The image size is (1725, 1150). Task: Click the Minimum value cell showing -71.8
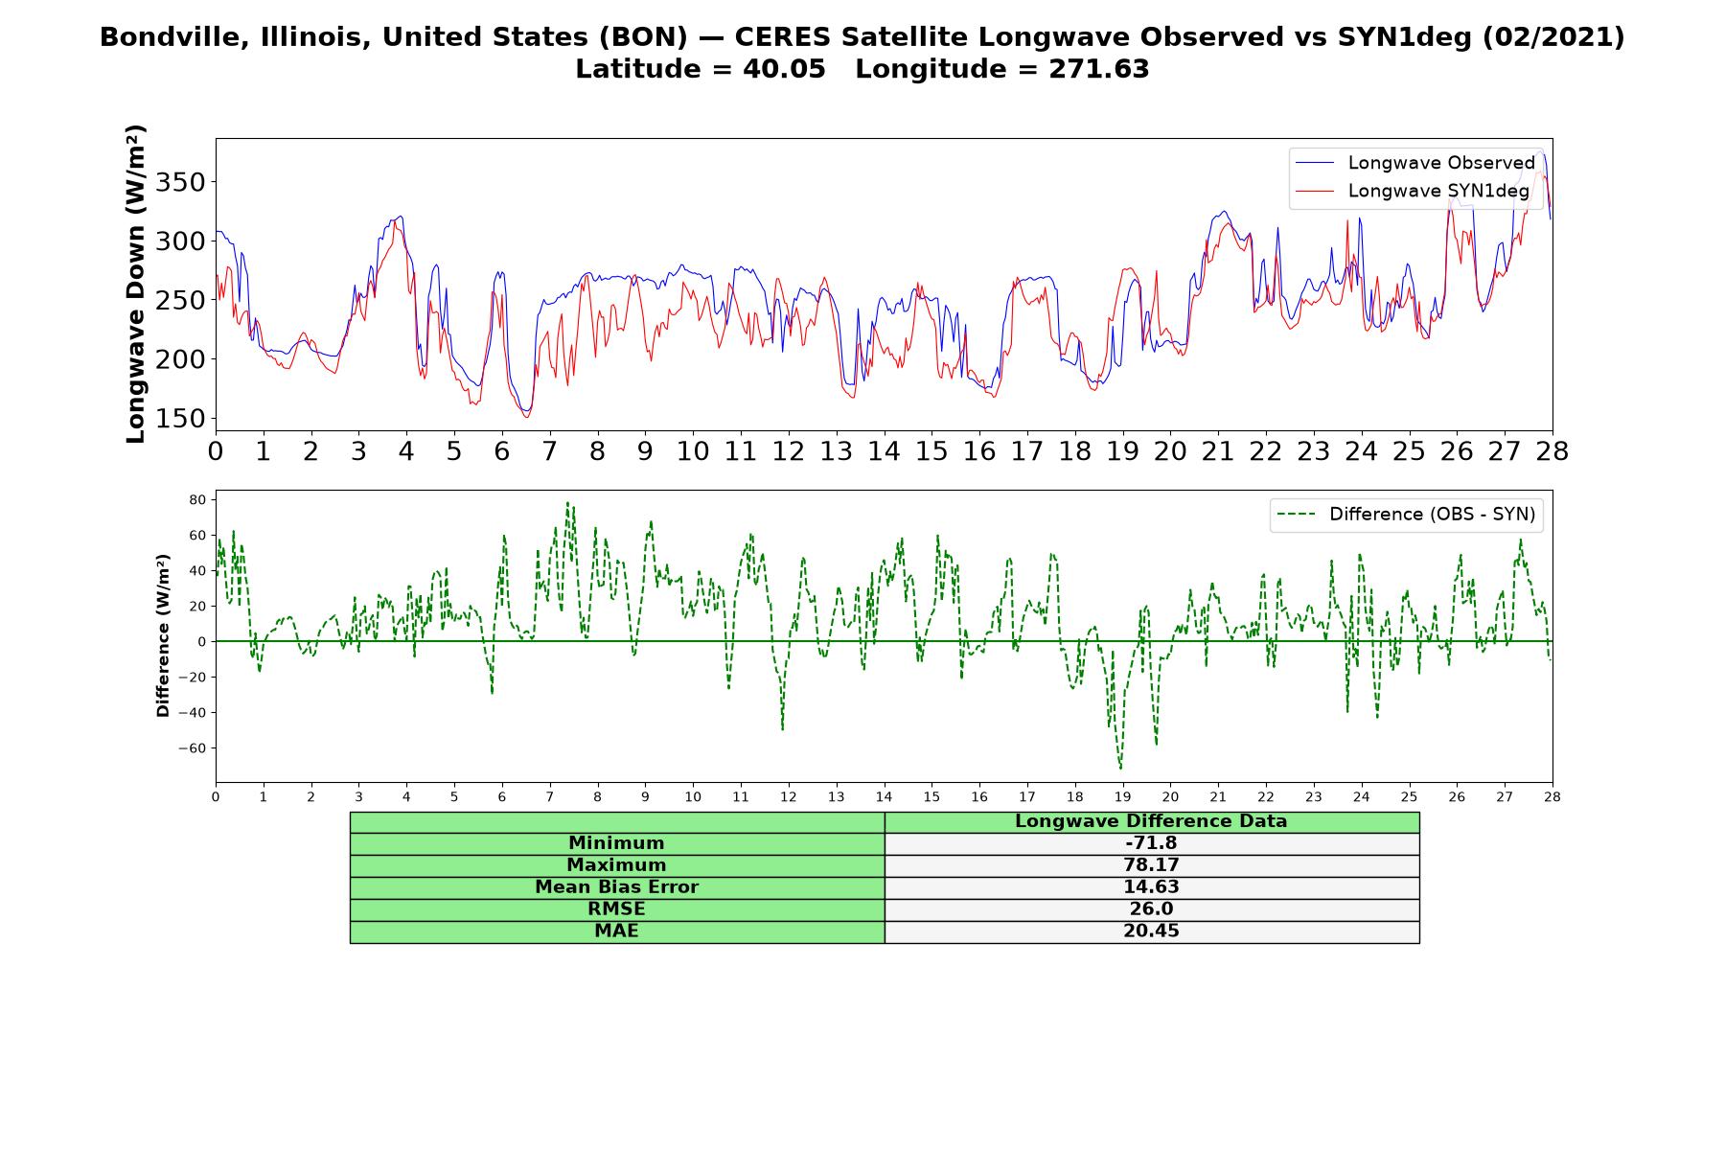tap(1151, 843)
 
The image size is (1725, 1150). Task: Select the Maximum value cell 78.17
tap(1151, 865)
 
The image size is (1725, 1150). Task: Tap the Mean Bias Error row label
tap(616, 887)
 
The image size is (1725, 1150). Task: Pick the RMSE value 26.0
tap(1151, 909)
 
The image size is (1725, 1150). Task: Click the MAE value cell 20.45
tap(1151, 931)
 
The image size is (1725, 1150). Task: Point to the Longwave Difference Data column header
tap(1151, 821)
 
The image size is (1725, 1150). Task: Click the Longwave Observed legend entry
tap(1414, 163)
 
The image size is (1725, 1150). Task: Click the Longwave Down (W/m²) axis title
tap(135, 284)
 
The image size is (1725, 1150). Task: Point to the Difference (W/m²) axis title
tap(163, 635)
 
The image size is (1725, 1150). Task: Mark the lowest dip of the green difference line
tap(1120, 769)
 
